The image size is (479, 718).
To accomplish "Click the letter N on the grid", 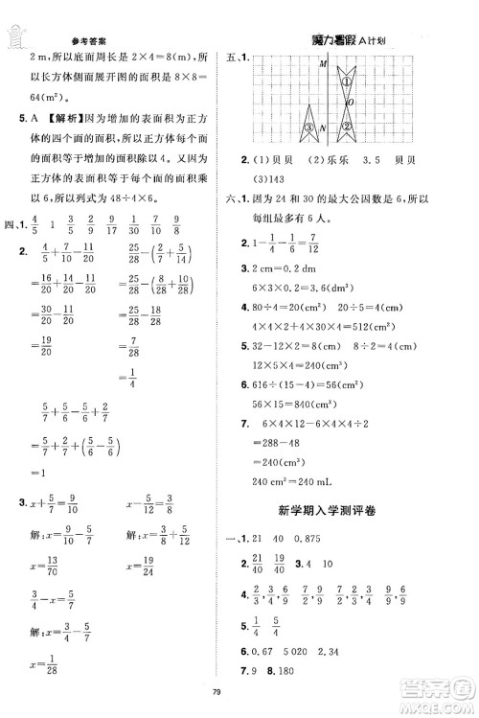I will pyautogui.click(x=323, y=127).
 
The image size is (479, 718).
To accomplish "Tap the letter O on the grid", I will pyautogui.click(x=351, y=102).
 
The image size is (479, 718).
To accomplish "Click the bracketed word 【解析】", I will pyautogui.click(x=65, y=119).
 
